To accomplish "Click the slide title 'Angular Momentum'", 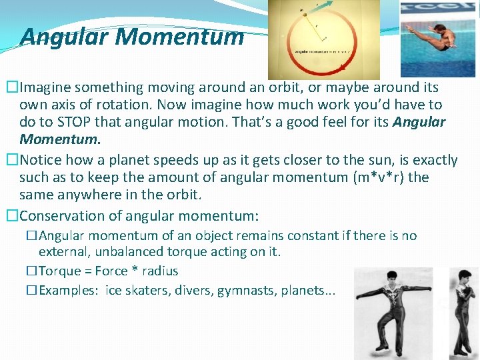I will tap(132, 37).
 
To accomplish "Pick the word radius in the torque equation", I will tap(161, 271).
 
